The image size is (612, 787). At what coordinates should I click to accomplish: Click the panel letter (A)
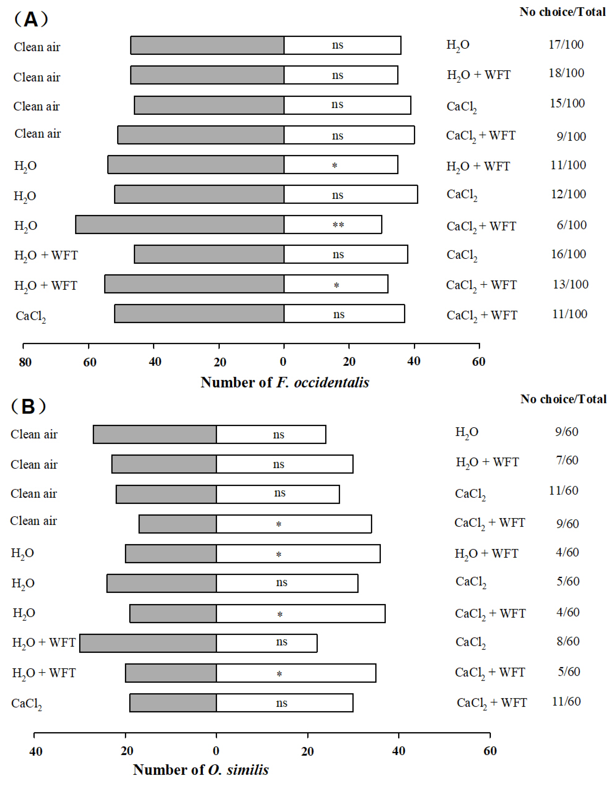31,19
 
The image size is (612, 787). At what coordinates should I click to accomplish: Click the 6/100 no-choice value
571,225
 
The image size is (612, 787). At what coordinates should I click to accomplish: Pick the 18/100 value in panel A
566,73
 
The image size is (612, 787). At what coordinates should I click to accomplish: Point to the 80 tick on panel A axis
25,362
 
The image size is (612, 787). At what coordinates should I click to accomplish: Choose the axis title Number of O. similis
201,770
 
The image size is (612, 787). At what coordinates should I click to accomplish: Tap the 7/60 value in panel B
567,460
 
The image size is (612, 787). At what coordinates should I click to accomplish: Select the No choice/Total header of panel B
563,399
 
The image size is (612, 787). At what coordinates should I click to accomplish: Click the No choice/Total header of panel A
562,12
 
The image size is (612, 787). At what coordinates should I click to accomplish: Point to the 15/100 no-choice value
567,103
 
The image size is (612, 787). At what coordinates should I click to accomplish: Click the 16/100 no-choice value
568,254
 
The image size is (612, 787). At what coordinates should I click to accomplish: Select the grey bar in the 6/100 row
180,225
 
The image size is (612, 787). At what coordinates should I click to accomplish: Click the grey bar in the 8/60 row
148,643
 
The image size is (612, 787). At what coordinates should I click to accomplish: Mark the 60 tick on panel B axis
490,751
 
